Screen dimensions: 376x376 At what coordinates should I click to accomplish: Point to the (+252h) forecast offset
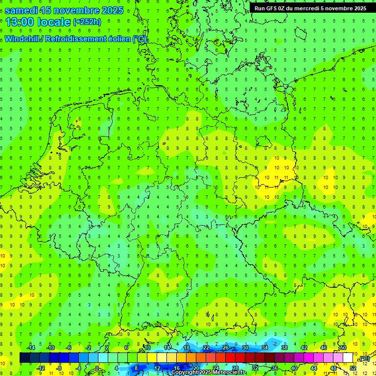[87, 22]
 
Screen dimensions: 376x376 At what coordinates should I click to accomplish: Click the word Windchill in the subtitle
[23, 39]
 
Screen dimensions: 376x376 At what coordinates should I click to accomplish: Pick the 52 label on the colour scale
[352, 368]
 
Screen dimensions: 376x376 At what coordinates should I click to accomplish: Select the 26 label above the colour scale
[226, 348]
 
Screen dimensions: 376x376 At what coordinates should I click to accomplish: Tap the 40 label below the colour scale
[294, 368]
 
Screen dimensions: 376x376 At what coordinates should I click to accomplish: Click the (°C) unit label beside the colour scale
[364, 358]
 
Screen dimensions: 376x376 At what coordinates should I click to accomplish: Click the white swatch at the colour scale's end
[348, 358]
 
